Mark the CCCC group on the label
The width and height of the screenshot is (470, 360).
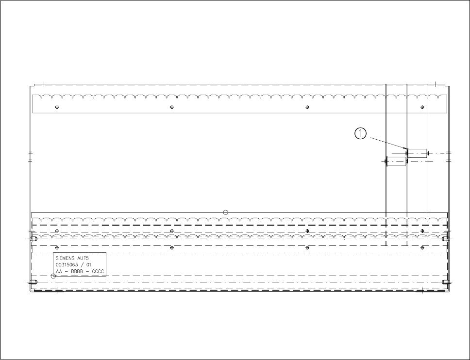[98, 272]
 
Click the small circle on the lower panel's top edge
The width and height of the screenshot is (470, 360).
[225, 212]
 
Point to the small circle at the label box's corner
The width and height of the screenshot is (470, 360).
[53, 276]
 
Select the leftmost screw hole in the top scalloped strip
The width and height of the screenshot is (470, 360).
[57, 107]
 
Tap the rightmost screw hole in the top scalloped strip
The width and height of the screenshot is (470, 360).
[422, 107]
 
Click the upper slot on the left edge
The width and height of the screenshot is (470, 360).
[34, 239]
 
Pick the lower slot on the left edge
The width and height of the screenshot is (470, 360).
[34, 282]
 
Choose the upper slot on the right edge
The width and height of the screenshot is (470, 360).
[445, 239]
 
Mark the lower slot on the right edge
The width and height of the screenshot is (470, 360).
[445, 282]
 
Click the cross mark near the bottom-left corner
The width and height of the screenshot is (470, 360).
[57, 291]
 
